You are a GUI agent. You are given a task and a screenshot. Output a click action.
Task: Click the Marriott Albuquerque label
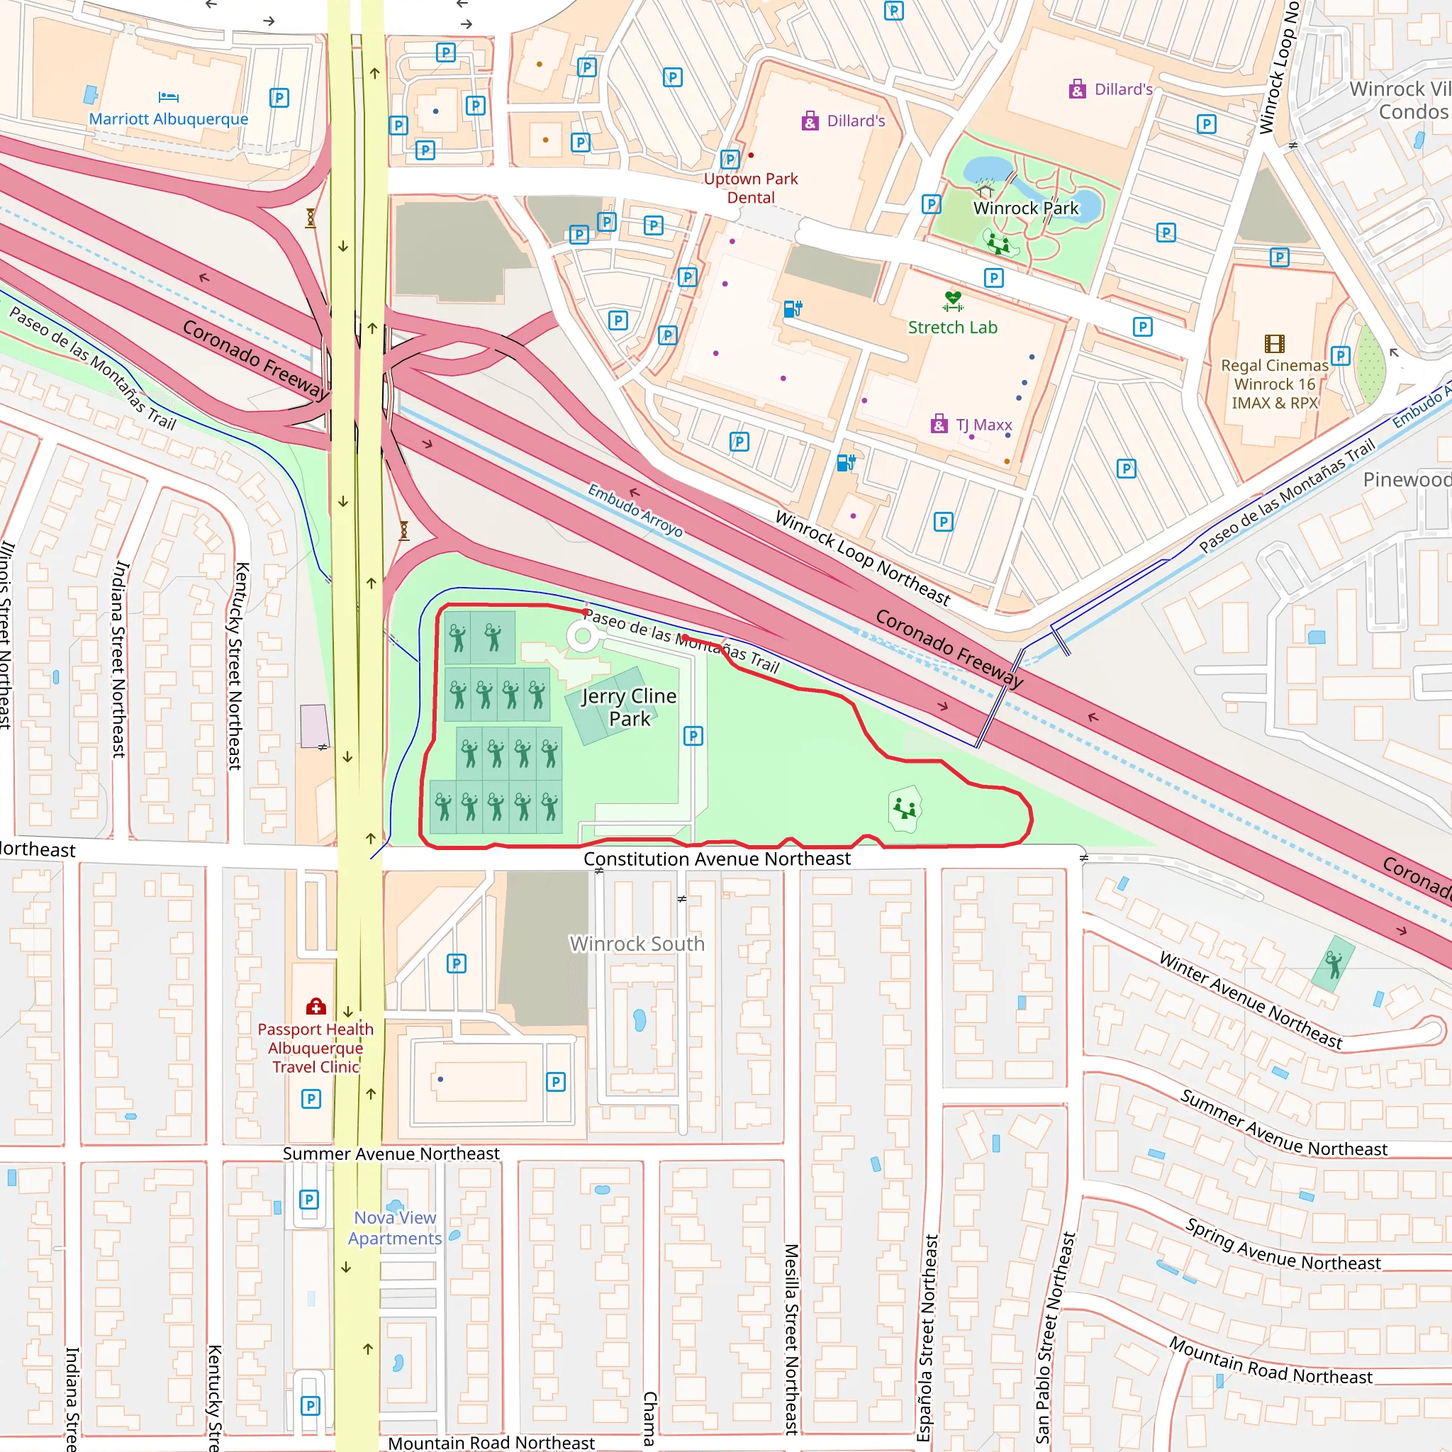point(168,118)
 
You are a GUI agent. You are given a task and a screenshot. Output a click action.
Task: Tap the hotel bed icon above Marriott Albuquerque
point(168,97)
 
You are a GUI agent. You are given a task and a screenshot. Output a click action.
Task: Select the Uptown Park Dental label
point(751,188)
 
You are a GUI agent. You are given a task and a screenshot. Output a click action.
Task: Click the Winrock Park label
point(1026,208)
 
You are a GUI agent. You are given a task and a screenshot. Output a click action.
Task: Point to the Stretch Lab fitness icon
point(953,301)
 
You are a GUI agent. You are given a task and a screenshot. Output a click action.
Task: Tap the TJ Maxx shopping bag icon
point(939,425)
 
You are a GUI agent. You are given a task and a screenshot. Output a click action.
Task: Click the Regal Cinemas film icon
point(1275,344)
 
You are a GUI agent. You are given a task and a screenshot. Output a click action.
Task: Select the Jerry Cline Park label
point(630,707)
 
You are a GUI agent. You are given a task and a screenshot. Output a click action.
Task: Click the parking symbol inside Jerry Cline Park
point(693,736)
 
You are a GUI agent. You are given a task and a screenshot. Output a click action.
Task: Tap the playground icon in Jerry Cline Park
point(905,810)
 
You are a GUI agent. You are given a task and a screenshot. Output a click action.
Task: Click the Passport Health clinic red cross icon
point(315,1006)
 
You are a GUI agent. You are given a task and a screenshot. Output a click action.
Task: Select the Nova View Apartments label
point(395,1227)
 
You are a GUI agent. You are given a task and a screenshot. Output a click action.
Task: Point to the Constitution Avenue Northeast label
point(717,859)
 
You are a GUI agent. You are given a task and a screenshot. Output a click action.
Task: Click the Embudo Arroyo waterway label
point(635,510)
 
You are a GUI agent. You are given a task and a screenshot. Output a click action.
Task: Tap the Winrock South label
point(637,943)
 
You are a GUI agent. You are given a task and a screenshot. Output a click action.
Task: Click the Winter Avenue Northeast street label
point(1250,1000)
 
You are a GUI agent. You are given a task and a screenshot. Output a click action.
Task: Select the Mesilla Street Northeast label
point(791,1339)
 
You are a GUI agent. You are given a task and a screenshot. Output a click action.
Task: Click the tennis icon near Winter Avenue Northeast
point(1334,964)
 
